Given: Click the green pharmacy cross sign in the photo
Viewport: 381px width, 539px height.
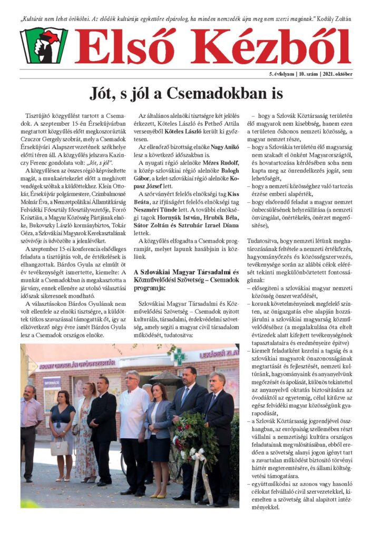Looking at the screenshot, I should (179, 356).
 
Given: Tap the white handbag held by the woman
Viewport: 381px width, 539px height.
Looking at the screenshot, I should (60, 447).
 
